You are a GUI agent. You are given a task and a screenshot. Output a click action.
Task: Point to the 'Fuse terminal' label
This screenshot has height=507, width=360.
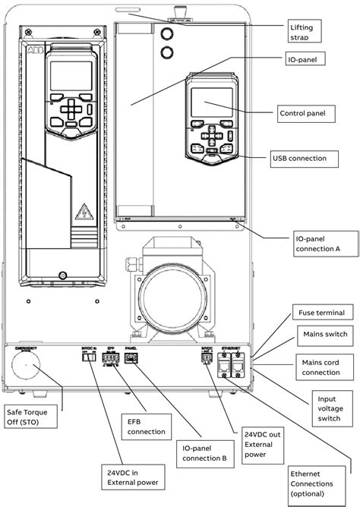pyautogui.click(x=320, y=313)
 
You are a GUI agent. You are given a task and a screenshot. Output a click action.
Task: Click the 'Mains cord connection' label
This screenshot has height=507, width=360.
pyautogui.click(x=322, y=367)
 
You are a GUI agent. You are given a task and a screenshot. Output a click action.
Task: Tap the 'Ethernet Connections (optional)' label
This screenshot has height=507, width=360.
pyautogui.click(x=317, y=483)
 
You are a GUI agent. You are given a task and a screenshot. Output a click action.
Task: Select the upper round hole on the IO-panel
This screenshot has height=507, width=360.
pyautogui.click(x=168, y=32)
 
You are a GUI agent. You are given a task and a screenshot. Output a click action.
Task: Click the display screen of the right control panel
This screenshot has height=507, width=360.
pyautogui.click(x=210, y=102)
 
